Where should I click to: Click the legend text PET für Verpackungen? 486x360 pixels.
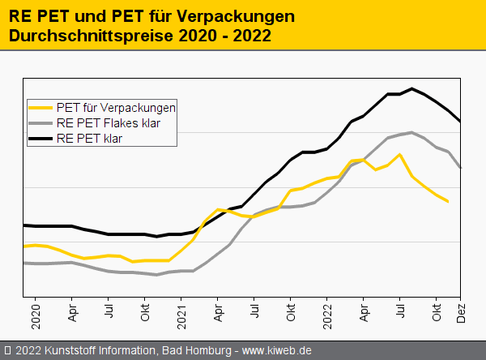(x=116, y=107)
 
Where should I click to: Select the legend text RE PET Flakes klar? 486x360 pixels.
(x=108, y=123)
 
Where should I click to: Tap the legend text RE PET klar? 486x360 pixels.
(x=94, y=139)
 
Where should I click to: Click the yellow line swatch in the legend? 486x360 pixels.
(x=40, y=107)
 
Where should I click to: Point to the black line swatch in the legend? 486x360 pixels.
(x=40, y=139)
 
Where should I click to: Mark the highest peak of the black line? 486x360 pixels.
(x=412, y=88)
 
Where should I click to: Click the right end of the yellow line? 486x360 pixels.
(x=448, y=201)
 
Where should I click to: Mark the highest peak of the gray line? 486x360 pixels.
(x=412, y=132)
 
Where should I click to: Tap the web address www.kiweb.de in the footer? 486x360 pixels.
(x=277, y=350)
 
